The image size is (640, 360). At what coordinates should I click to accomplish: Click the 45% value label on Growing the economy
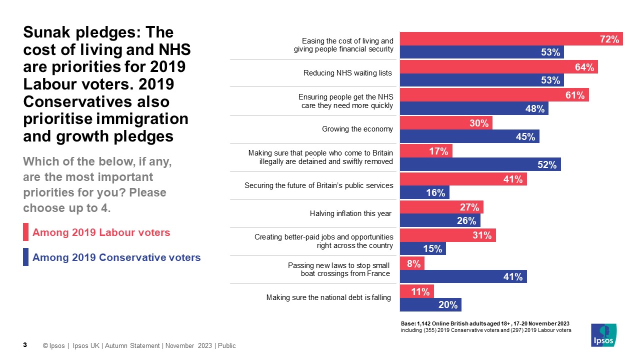click(x=525, y=136)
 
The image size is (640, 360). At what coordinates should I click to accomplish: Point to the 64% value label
click(x=584, y=67)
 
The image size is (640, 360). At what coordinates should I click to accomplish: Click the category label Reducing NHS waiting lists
click(x=347, y=73)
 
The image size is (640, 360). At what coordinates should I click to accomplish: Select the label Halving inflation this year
click(x=350, y=214)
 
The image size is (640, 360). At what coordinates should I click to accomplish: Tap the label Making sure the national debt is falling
click(x=328, y=298)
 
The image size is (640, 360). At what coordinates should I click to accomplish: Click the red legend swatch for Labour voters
click(x=25, y=232)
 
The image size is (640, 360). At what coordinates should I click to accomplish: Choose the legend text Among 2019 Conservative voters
click(x=116, y=257)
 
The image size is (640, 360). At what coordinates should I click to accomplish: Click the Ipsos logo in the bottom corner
click(x=603, y=334)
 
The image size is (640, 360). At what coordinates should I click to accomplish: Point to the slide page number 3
click(x=25, y=345)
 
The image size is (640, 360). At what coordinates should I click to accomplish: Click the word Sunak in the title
click(x=48, y=32)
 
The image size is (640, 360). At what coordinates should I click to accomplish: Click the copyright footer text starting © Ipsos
click(x=139, y=346)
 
